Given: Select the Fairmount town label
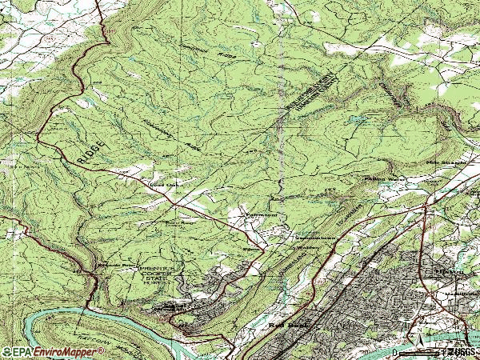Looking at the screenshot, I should pos(250,214).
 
